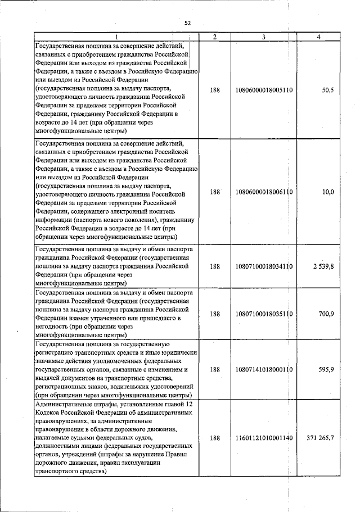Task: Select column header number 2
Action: (215, 37)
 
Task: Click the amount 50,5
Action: (327, 90)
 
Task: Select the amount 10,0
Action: (328, 192)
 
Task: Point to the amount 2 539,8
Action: (323, 266)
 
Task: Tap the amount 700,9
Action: (326, 314)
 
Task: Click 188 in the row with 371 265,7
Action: (215, 438)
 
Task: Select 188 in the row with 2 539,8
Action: (215, 266)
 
